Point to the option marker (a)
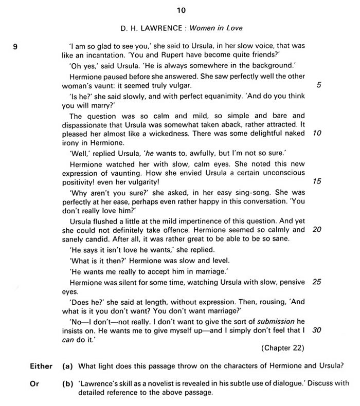(x=66, y=366)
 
